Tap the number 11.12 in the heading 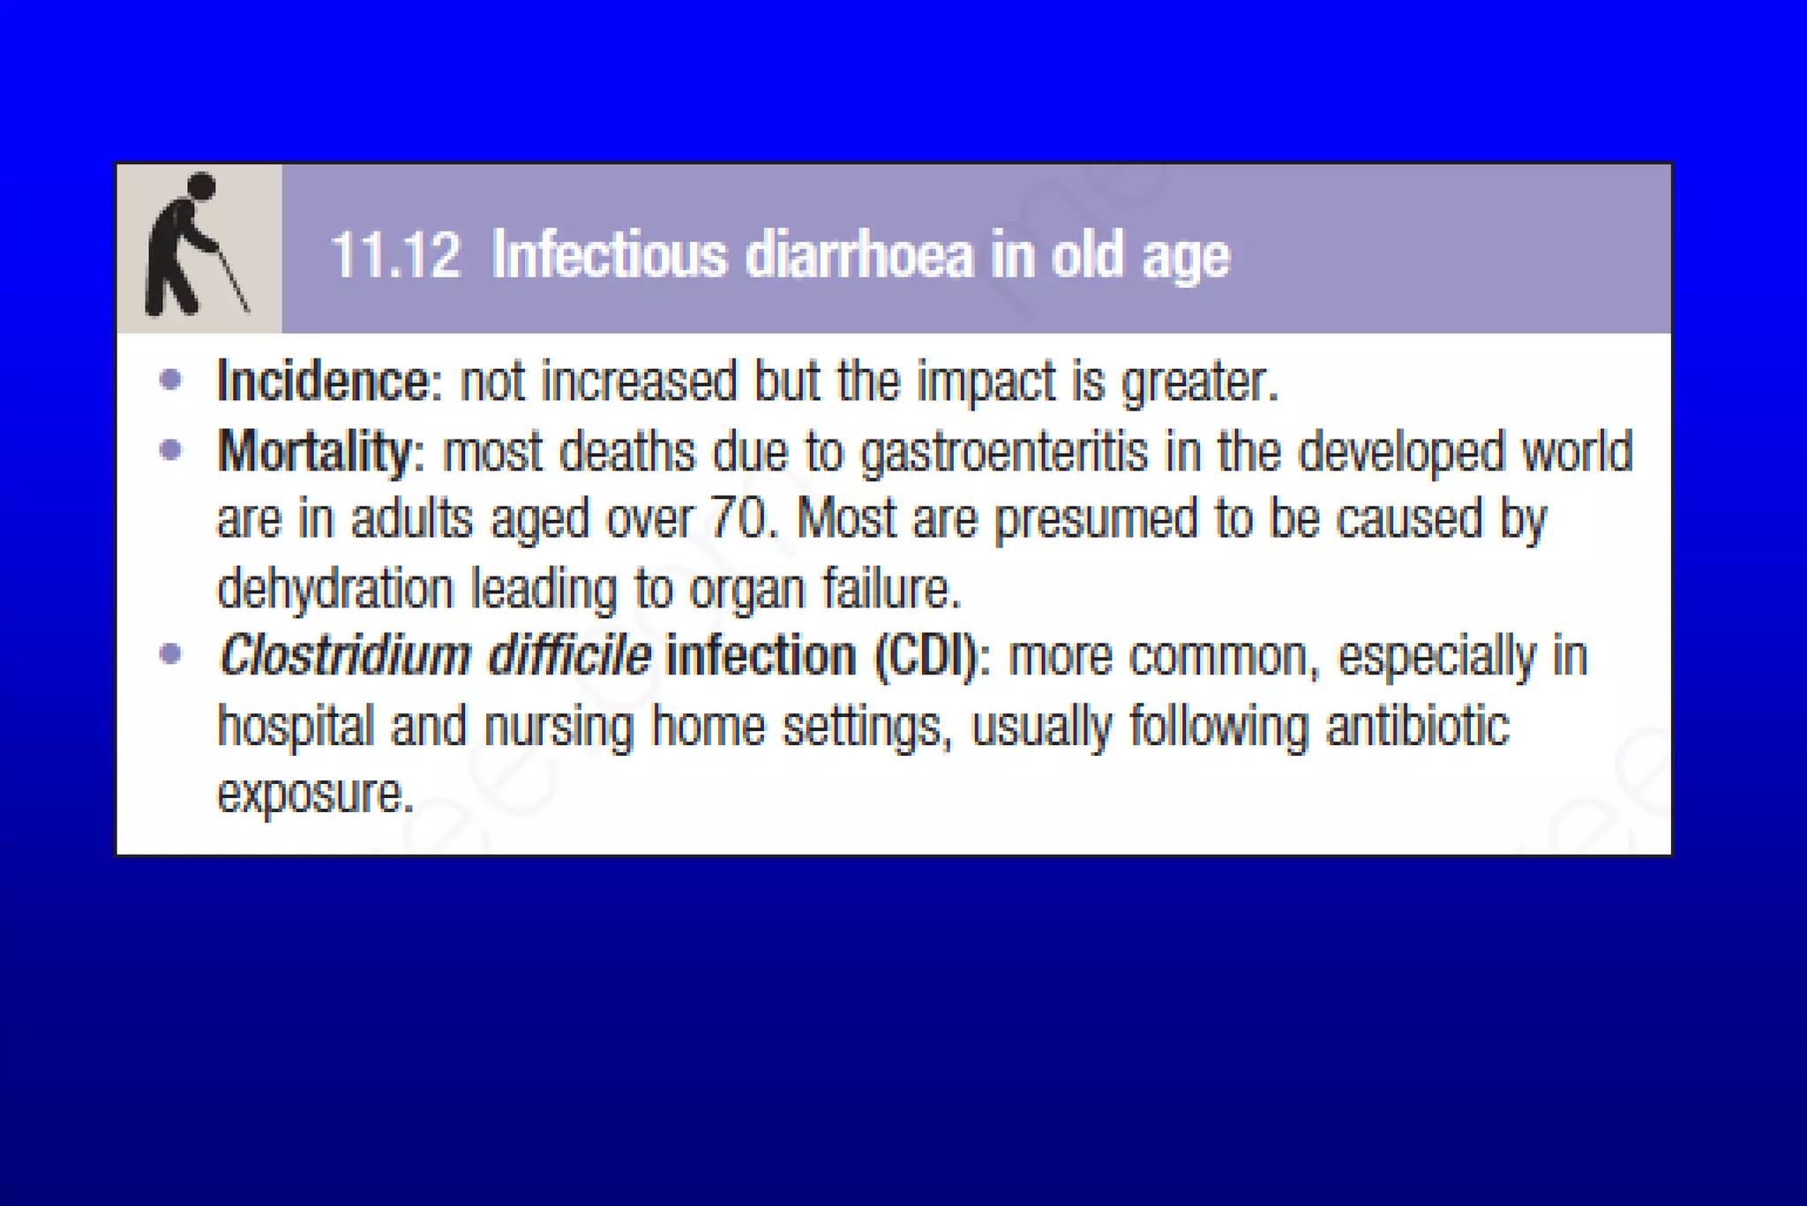(395, 256)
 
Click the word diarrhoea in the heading (859, 256)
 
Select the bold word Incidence (323, 381)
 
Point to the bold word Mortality (315, 451)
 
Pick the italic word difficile (569, 656)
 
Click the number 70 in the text (739, 518)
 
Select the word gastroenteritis (1004, 451)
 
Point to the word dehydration (335, 589)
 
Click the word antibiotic (1417, 726)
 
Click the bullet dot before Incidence (170, 381)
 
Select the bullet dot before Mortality (170, 450)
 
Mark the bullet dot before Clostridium (170, 654)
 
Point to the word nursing (559, 727)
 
